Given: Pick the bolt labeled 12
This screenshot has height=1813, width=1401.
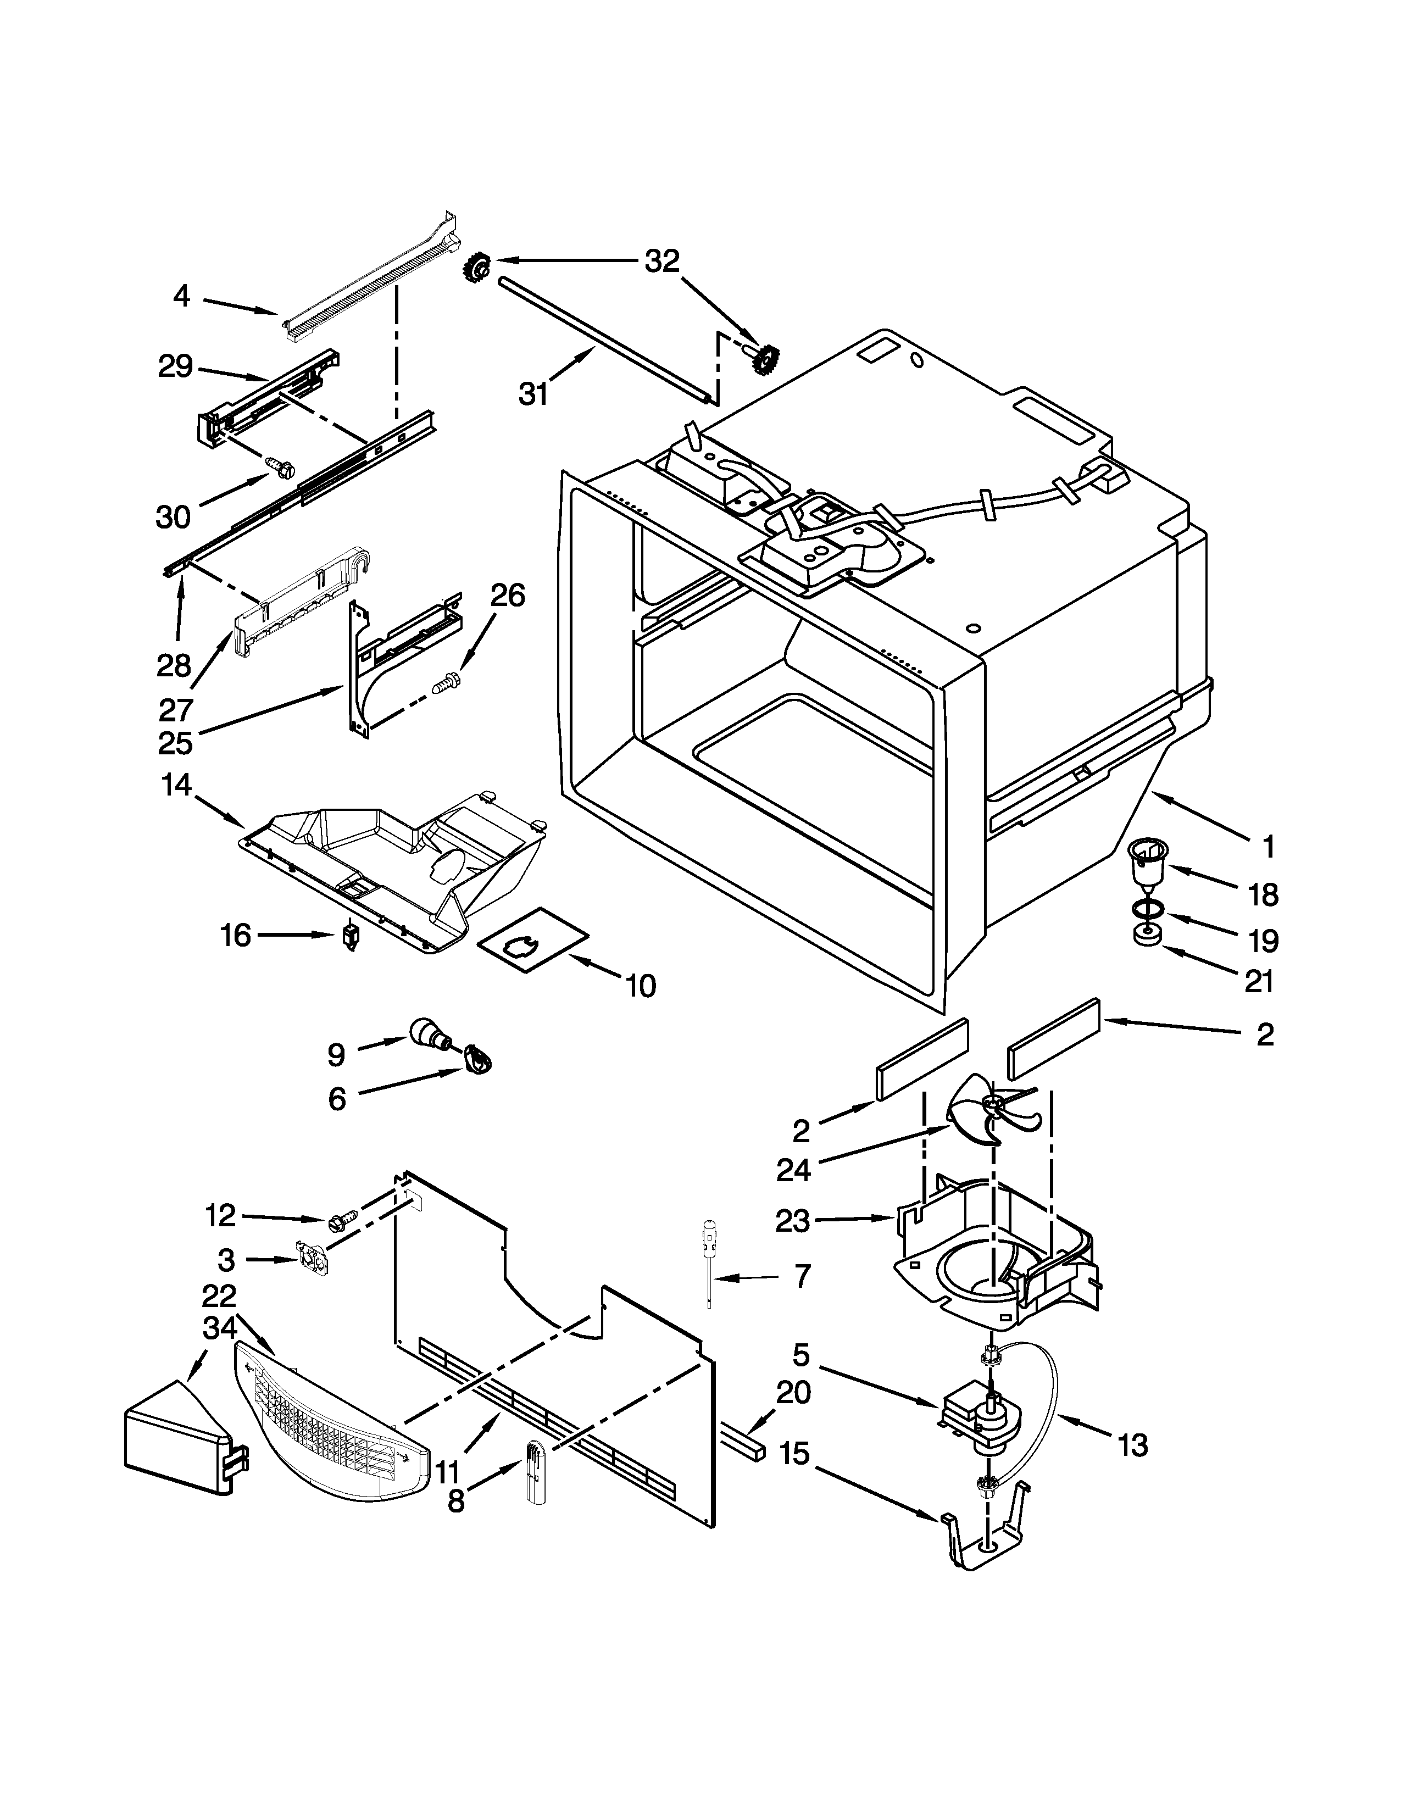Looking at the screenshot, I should coord(342,1220).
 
